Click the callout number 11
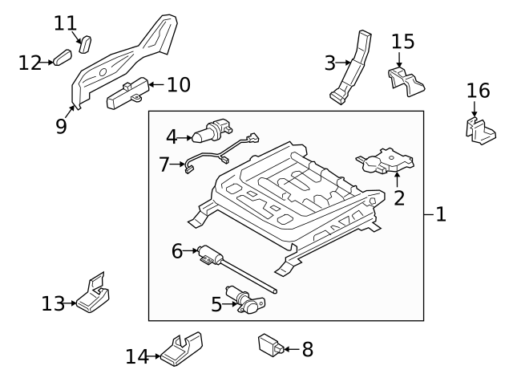pyautogui.click(x=65, y=22)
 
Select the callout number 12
pyautogui.click(x=30, y=62)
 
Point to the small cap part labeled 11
pyautogui.click(x=87, y=40)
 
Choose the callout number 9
pyautogui.click(x=61, y=127)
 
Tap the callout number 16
pyautogui.click(x=478, y=89)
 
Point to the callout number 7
pyautogui.click(x=164, y=165)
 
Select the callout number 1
pyautogui.click(x=440, y=213)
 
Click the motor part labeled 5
pyautogui.click(x=244, y=299)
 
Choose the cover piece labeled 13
pyautogui.click(x=96, y=297)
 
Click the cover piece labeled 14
pyautogui.click(x=182, y=347)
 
